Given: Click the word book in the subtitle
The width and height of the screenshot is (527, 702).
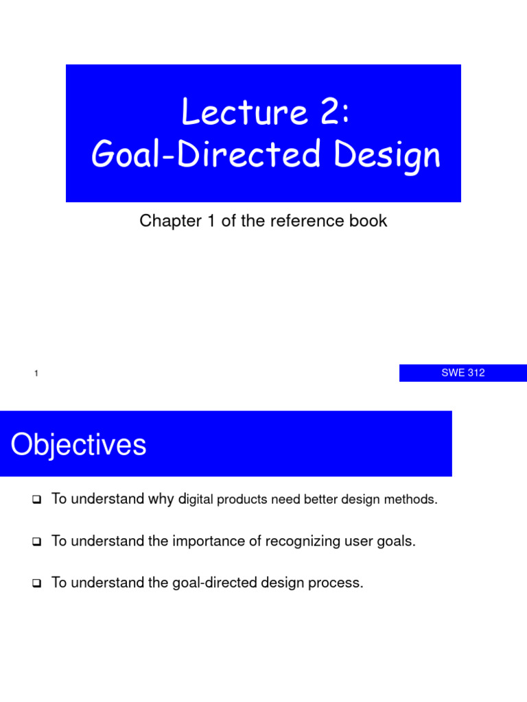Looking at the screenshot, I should (x=370, y=221).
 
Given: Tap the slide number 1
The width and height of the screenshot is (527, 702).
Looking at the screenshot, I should (x=35, y=374).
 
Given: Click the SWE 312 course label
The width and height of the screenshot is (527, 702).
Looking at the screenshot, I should (x=463, y=373).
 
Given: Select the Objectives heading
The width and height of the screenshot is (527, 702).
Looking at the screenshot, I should (x=78, y=444).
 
